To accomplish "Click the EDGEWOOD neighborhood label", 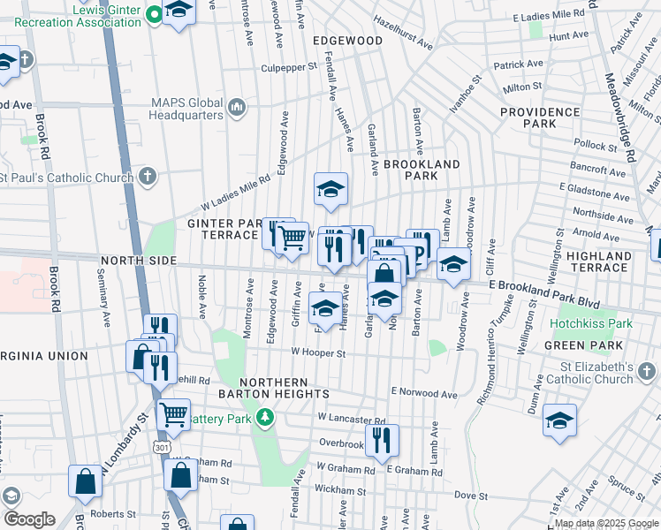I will (x=347, y=41).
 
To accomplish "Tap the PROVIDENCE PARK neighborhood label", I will (x=540, y=117).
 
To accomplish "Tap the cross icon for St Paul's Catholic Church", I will (x=148, y=177).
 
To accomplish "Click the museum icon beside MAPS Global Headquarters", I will (x=236, y=108).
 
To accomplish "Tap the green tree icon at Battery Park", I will (x=264, y=416).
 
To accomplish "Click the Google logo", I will (x=29, y=519).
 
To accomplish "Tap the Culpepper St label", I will (x=288, y=67).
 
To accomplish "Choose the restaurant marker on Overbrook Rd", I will (x=382, y=441).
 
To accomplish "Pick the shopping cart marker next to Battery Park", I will (x=173, y=413).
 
